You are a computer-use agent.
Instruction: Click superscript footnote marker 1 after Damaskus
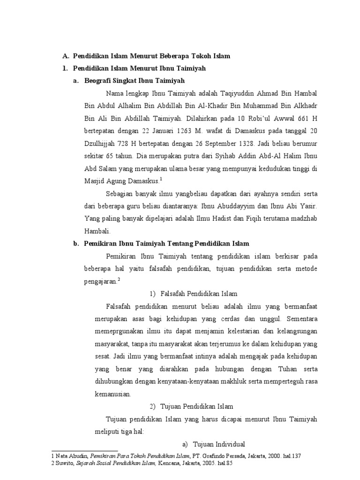[161, 179]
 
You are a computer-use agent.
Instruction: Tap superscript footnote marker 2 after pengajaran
[119, 279]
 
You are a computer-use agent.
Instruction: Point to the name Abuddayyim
[219, 206]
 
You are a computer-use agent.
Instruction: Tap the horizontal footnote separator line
[84, 450]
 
